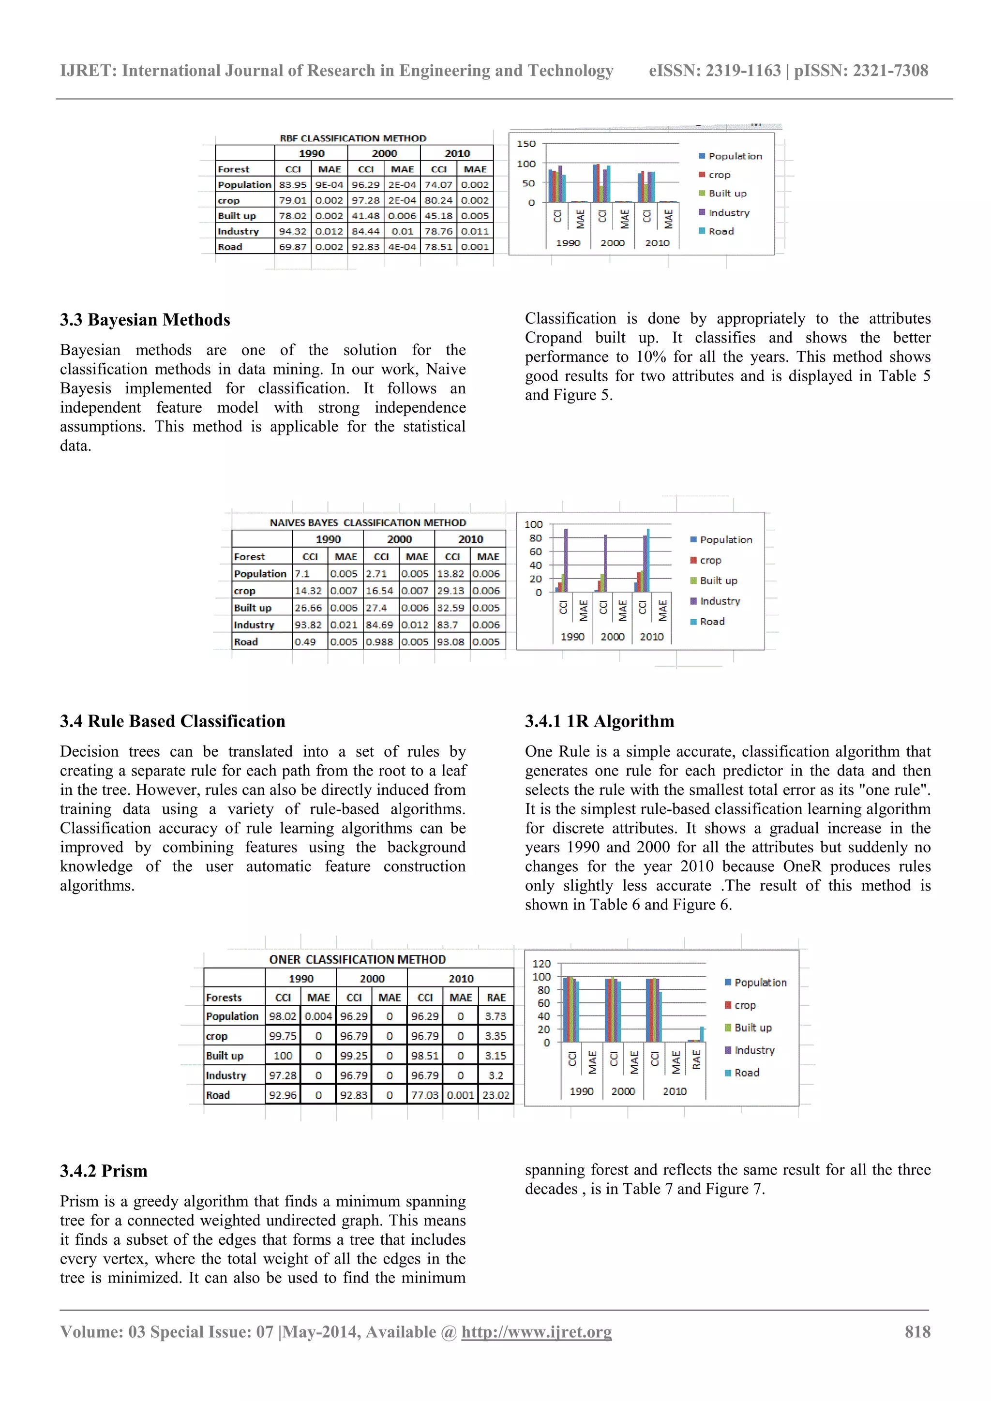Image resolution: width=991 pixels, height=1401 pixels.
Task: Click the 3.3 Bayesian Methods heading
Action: [145, 320]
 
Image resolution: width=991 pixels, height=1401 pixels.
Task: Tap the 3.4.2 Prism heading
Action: [104, 1171]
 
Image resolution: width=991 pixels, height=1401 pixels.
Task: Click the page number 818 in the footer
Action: [917, 1331]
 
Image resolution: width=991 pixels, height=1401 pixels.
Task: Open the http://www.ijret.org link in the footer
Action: [536, 1331]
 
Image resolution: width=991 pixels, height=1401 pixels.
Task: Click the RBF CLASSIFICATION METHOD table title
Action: [353, 138]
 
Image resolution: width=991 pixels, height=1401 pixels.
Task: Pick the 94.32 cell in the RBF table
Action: [293, 231]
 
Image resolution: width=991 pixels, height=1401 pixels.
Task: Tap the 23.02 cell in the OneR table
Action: [495, 1095]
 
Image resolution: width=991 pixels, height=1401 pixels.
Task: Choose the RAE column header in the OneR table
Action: [496, 998]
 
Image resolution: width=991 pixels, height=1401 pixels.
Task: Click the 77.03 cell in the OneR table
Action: [425, 1095]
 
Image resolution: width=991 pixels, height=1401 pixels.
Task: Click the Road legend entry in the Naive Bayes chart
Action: [711, 622]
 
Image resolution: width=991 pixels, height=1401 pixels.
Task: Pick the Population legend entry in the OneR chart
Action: [760, 983]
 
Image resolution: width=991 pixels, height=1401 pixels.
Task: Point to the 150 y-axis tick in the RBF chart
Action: [526, 144]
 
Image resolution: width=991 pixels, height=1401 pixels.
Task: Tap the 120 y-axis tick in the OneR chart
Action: [541, 964]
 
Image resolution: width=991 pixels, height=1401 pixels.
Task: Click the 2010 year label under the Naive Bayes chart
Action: [651, 637]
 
